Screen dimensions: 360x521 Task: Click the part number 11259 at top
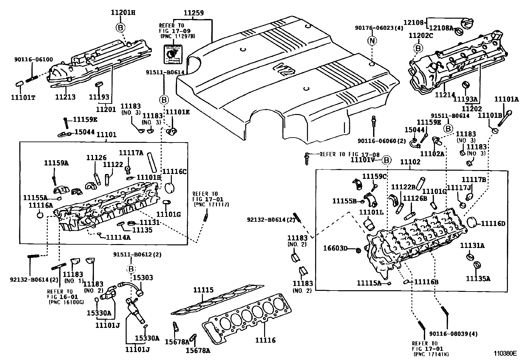pyautogui.click(x=193, y=13)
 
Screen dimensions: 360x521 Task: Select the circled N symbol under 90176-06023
pyautogui.click(x=372, y=41)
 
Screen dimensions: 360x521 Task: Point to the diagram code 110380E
pyautogui.click(x=505, y=353)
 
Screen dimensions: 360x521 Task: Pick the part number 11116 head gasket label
pyautogui.click(x=266, y=340)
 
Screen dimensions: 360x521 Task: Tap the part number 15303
pyautogui.click(x=143, y=278)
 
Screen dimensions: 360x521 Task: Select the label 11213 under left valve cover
pyautogui.click(x=65, y=97)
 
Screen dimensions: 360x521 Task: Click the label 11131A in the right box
pyautogui.click(x=472, y=245)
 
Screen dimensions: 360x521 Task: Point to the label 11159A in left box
pyautogui.click(x=56, y=163)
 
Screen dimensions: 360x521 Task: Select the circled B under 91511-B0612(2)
pyautogui.click(x=131, y=269)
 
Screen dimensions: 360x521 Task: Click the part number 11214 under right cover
pyautogui.click(x=445, y=95)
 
